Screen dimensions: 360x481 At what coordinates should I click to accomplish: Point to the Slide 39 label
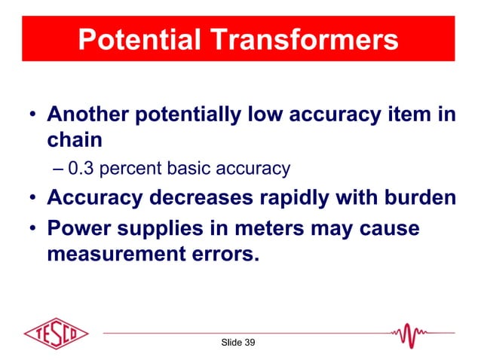click(x=237, y=343)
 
